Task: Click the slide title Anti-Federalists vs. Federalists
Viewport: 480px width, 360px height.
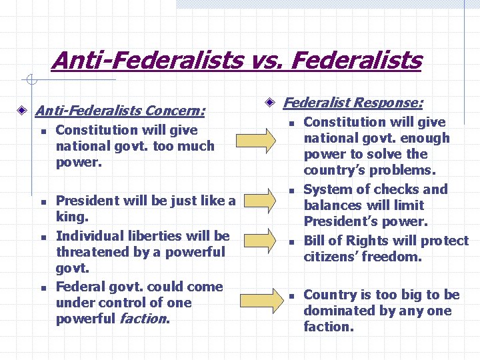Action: click(237, 61)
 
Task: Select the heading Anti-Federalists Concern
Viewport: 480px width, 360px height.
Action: click(120, 109)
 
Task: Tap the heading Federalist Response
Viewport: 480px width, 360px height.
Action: click(353, 103)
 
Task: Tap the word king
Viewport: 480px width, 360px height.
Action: click(72, 217)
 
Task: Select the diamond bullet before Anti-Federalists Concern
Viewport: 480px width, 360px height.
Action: click(23, 109)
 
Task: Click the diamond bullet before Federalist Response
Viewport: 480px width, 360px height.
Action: click(270, 103)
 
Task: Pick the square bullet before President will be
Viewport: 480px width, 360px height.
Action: click(42, 201)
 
